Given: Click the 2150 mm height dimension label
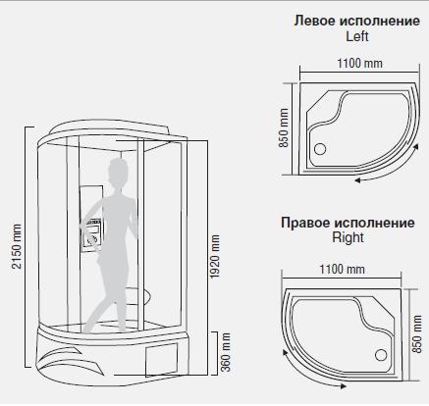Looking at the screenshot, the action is point(17,246).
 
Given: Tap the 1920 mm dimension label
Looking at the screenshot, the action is point(215,257).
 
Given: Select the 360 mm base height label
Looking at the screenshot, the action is point(226,352).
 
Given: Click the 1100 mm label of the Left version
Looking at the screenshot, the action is point(359,63).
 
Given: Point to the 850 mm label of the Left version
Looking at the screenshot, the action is point(284,127).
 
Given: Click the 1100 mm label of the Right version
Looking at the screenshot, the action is point(342,269).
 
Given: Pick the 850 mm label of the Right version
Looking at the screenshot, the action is point(417,333).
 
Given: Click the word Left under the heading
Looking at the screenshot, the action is point(357,36).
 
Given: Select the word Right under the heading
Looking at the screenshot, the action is point(348,237).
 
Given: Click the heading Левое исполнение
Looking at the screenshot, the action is point(357,21).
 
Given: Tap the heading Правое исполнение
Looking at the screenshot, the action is point(348,223).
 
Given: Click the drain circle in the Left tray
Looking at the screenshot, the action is point(320,149).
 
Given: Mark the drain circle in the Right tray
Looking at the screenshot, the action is point(381,355).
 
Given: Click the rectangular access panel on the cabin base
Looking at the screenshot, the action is point(161,359).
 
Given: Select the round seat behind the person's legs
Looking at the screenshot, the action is point(139,296).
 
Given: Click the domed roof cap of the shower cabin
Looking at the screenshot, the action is point(110,127).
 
